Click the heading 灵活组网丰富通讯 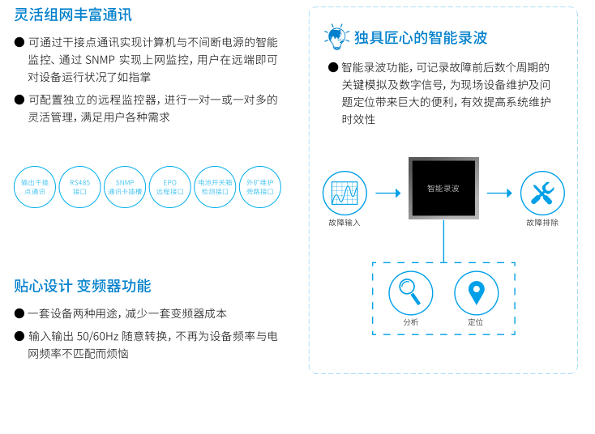click(x=73, y=15)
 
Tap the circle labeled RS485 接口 click(x=79, y=187)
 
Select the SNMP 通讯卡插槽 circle click(x=125, y=187)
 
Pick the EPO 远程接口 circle click(x=170, y=187)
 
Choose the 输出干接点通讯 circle click(x=35, y=187)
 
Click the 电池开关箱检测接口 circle click(x=215, y=187)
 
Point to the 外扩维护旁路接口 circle click(x=260, y=187)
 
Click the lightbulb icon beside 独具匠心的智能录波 click(x=336, y=36)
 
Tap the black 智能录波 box click(x=443, y=189)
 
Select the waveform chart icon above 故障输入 click(x=345, y=193)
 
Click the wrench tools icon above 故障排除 click(x=542, y=193)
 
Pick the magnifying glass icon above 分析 click(x=410, y=292)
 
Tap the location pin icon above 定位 click(x=476, y=292)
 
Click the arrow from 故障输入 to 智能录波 click(x=388, y=193)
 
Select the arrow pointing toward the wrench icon click(x=499, y=193)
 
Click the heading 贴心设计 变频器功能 click(x=83, y=286)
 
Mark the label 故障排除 click(x=542, y=223)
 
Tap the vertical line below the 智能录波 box click(x=443, y=241)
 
